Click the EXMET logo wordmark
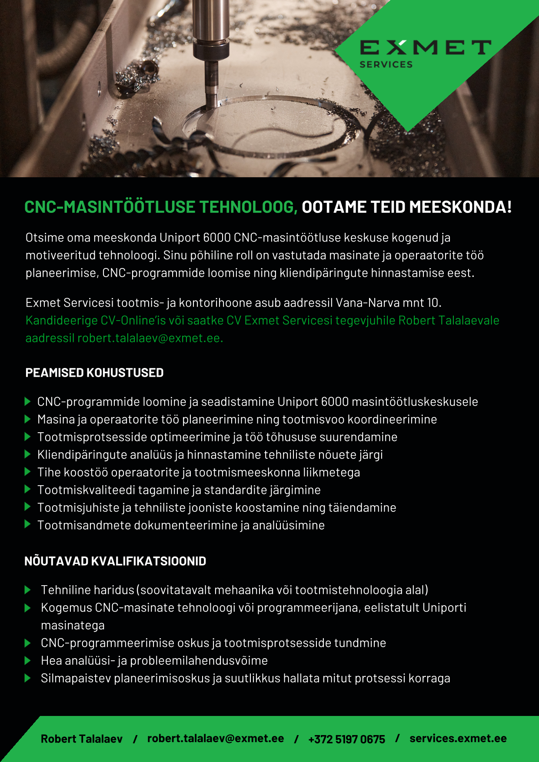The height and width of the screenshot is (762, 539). click(x=425, y=47)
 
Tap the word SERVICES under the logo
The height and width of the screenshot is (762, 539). click(x=386, y=65)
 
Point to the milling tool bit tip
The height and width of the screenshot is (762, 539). click(x=211, y=105)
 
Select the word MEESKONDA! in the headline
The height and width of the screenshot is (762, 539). click(x=460, y=207)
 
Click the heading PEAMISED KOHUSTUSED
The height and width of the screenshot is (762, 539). click(x=94, y=373)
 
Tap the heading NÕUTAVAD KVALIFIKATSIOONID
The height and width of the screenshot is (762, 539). click(x=115, y=561)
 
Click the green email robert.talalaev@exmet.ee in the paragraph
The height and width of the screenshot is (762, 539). click(x=150, y=338)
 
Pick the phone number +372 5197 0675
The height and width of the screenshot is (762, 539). click(x=346, y=739)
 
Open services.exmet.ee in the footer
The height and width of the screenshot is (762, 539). click(x=458, y=739)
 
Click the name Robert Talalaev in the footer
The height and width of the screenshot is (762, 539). click(x=82, y=739)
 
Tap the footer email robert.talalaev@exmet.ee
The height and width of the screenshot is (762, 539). click(x=216, y=739)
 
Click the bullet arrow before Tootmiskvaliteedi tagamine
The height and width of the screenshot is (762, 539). click(x=28, y=490)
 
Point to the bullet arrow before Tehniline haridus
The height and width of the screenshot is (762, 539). click(x=28, y=590)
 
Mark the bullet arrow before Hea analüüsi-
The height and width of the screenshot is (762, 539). click(x=28, y=661)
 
